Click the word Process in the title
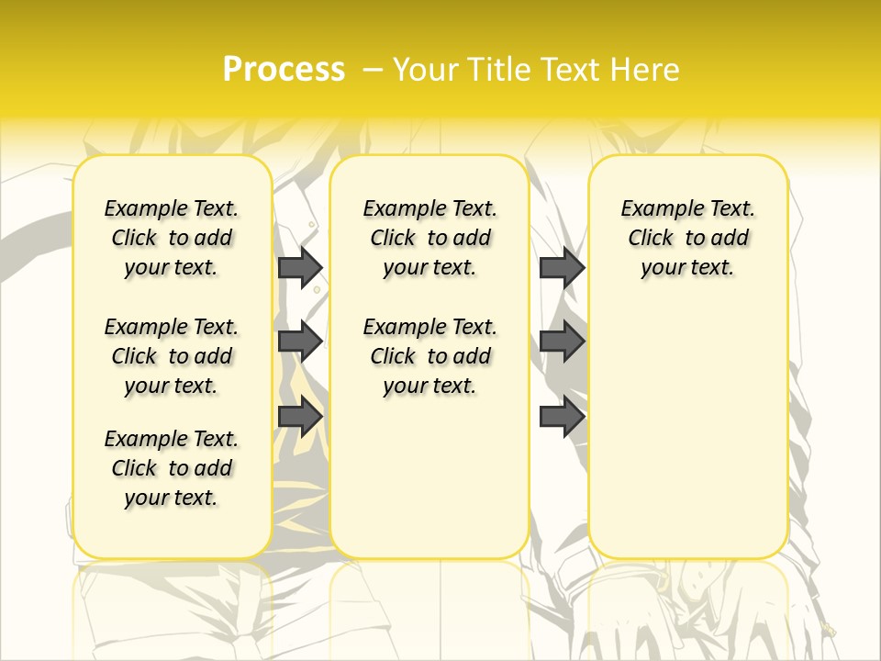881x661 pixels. (x=284, y=69)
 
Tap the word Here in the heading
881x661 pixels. (x=645, y=70)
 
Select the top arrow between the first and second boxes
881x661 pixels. (x=299, y=267)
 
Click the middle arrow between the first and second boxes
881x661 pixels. (x=299, y=342)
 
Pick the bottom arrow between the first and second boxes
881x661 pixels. (x=299, y=416)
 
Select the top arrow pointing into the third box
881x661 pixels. (x=562, y=267)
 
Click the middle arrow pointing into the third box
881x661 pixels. (x=562, y=342)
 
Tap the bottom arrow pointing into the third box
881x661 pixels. (x=562, y=416)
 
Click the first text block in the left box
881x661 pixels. (x=172, y=238)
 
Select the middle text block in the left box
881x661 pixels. (x=172, y=356)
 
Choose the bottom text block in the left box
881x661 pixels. (x=172, y=468)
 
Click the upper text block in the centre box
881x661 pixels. (x=429, y=238)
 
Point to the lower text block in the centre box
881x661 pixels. (x=429, y=356)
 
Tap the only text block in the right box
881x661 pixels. (x=687, y=238)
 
